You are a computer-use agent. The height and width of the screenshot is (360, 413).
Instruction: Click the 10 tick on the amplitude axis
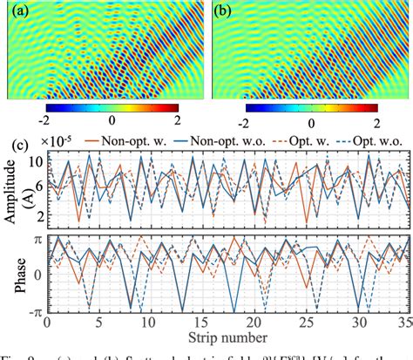(x=35, y=163)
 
